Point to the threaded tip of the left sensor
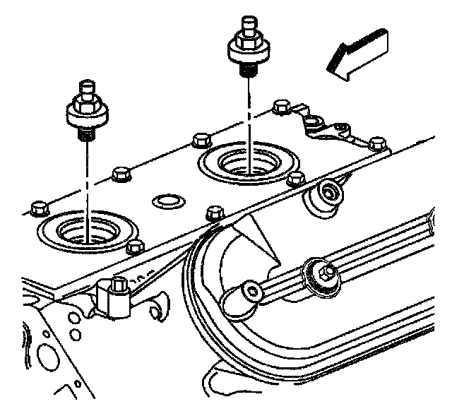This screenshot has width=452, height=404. click(83, 132)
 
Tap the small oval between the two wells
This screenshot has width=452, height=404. click(166, 201)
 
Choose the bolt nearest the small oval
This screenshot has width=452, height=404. click(213, 213)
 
